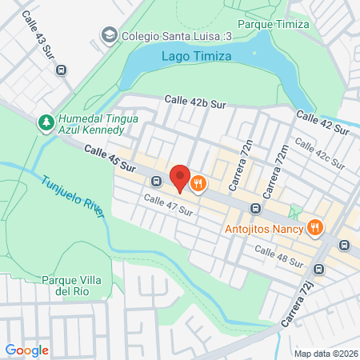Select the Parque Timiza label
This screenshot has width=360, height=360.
pos(274,24)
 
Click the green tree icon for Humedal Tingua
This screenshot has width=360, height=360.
pos(46,123)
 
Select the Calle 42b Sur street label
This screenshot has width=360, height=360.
pos(196,100)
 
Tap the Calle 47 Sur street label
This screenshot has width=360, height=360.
pos(169,205)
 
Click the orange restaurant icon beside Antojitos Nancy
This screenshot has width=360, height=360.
pos(316,229)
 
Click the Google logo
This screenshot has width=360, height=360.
pos(27,350)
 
